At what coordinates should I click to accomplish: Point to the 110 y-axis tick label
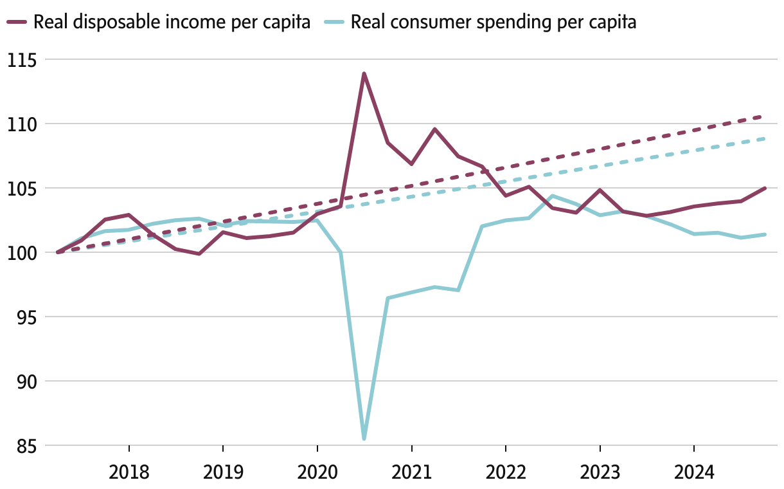22,124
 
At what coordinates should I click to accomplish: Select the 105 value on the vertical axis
22,189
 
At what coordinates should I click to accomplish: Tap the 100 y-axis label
22,253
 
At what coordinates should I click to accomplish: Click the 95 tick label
26,317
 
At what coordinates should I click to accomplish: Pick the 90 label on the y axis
26,382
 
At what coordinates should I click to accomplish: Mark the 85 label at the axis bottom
26,446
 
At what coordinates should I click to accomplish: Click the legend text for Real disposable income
172,23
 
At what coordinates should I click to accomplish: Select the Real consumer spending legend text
494,23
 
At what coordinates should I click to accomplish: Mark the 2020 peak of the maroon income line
364,73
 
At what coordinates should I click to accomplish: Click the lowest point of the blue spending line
364,439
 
